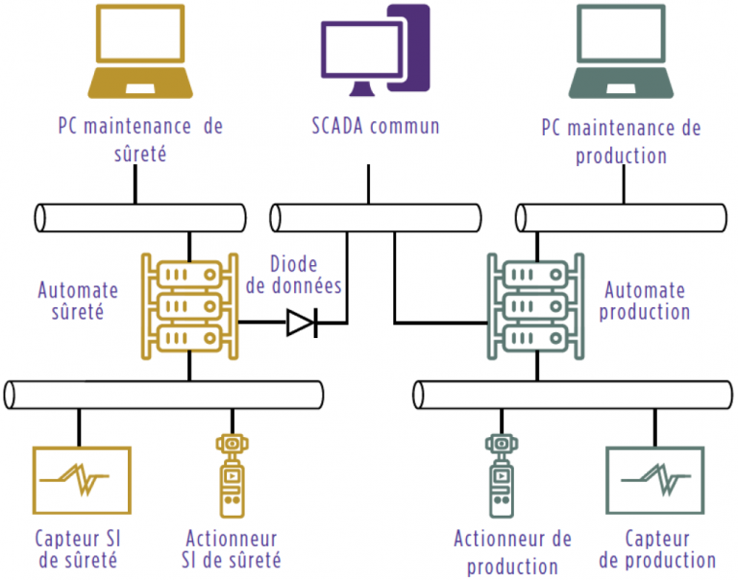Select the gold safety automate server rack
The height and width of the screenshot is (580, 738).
tap(188, 302)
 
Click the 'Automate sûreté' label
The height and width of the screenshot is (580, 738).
tap(79, 300)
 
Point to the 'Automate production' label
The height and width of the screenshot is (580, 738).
tap(646, 301)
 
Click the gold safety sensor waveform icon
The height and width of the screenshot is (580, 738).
tap(82, 478)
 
